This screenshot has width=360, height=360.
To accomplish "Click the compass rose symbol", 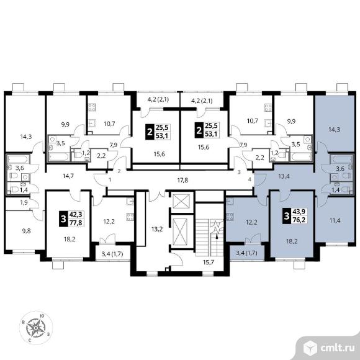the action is click(36, 328).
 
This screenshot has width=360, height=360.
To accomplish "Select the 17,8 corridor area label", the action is click(182, 180).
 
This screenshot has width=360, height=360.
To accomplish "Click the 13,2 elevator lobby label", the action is click(157, 229).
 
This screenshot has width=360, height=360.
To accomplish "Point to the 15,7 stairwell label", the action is click(209, 262).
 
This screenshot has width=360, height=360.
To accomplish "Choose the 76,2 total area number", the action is click(299, 219).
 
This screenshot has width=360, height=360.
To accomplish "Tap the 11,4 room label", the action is click(335, 220).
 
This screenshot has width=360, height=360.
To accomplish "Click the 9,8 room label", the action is click(26, 231).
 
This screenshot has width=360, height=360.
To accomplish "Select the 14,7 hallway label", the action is click(68, 176).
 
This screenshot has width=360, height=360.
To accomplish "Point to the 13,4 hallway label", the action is click(284, 176).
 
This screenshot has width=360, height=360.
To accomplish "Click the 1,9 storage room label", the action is click(24, 202).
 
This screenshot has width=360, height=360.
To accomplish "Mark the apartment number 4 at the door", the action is click(250, 179).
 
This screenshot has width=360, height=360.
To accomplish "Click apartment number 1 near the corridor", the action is click(110, 180).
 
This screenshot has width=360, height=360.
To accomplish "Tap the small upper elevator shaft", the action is click(181, 201).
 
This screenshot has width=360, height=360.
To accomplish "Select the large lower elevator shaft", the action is click(180, 232).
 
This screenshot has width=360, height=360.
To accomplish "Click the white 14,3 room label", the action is click(26, 137).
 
